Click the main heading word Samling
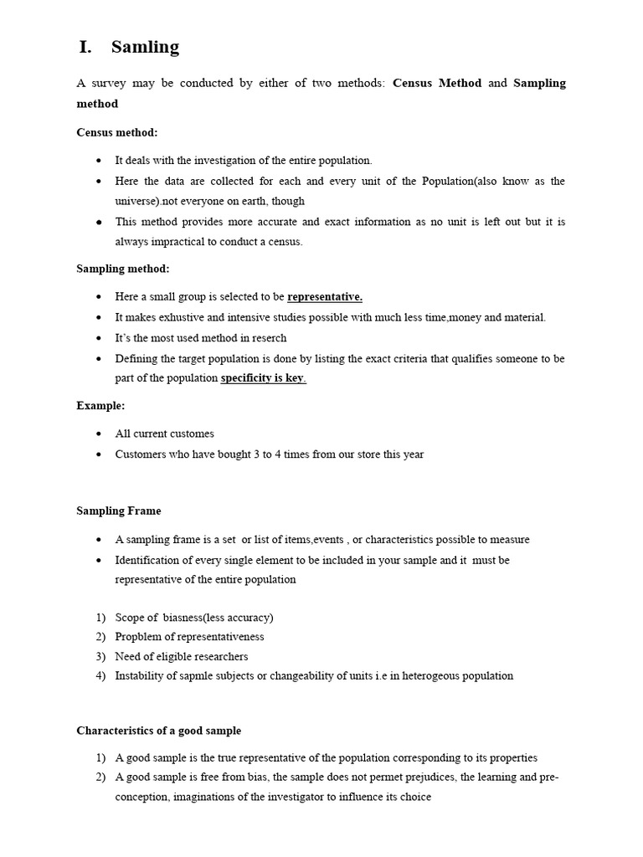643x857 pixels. click(x=145, y=47)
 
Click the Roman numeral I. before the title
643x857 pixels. click(x=85, y=47)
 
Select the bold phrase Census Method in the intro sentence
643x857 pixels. click(x=437, y=83)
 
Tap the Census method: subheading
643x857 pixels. click(x=117, y=132)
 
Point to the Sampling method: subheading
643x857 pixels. click(x=123, y=269)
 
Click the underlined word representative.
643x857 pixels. click(x=325, y=297)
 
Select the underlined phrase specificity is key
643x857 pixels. click(x=263, y=378)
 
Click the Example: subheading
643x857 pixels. click(x=100, y=405)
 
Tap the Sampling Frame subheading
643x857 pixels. click(x=119, y=511)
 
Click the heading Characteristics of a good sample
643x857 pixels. click(x=159, y=731)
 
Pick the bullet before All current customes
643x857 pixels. click(x=99, y=434)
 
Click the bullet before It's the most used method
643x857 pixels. click(x=99, y=338)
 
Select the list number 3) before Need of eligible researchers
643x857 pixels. click(x=100, y=656)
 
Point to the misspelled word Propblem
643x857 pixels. click(x=136, y=637)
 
